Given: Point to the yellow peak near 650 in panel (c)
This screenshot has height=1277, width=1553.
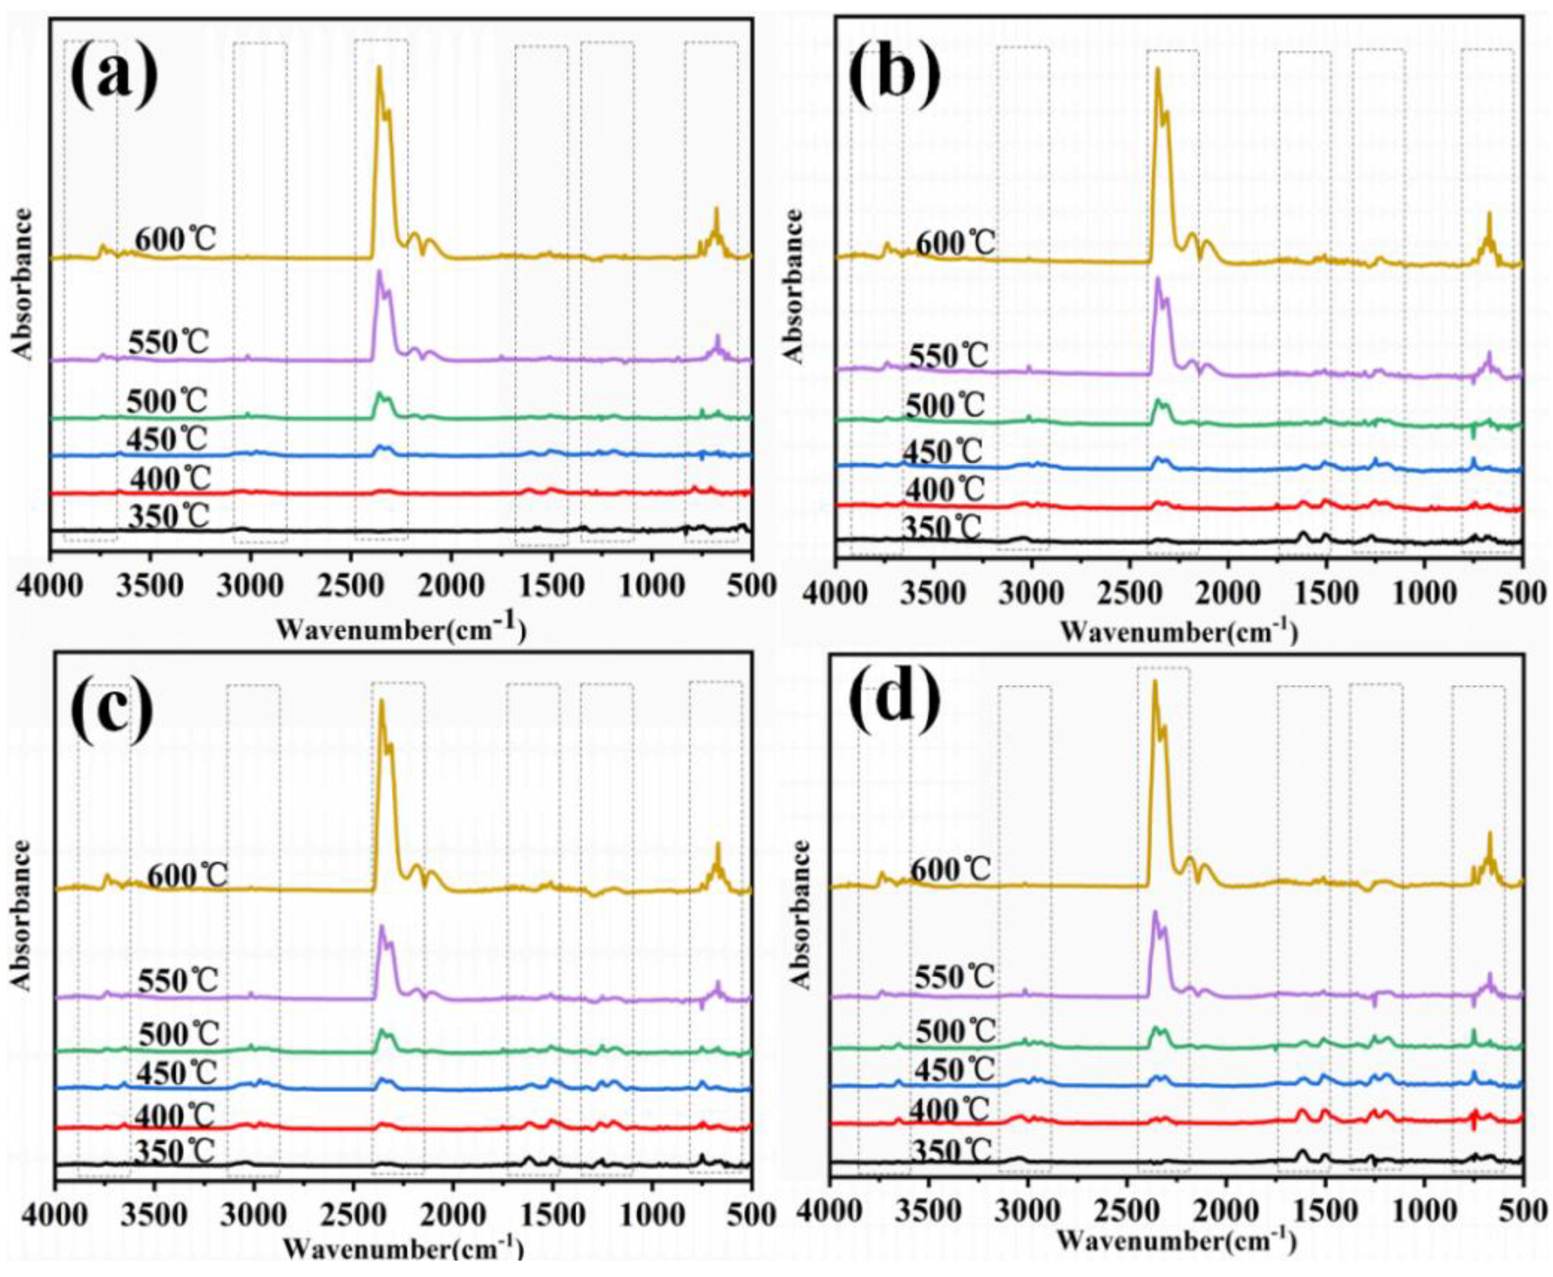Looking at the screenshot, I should (x=717, y=844).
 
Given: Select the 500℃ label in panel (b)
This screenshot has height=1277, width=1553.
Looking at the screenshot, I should (x=944, y=406).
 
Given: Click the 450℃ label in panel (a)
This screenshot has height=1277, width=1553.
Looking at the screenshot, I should (x=167, y=439).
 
